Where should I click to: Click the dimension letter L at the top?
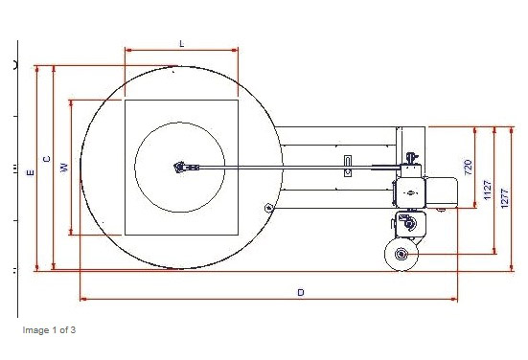click(182, 44)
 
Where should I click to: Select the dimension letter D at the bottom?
click(301, 292)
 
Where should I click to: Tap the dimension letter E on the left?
click(31, 172)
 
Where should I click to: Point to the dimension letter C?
click(47, 159)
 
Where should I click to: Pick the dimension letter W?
click(64, 168)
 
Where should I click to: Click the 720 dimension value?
click(468, 168)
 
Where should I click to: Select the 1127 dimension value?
click(488, 191)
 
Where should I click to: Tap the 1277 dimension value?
click(504, 198)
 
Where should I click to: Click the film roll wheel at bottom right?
click(402, 255)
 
